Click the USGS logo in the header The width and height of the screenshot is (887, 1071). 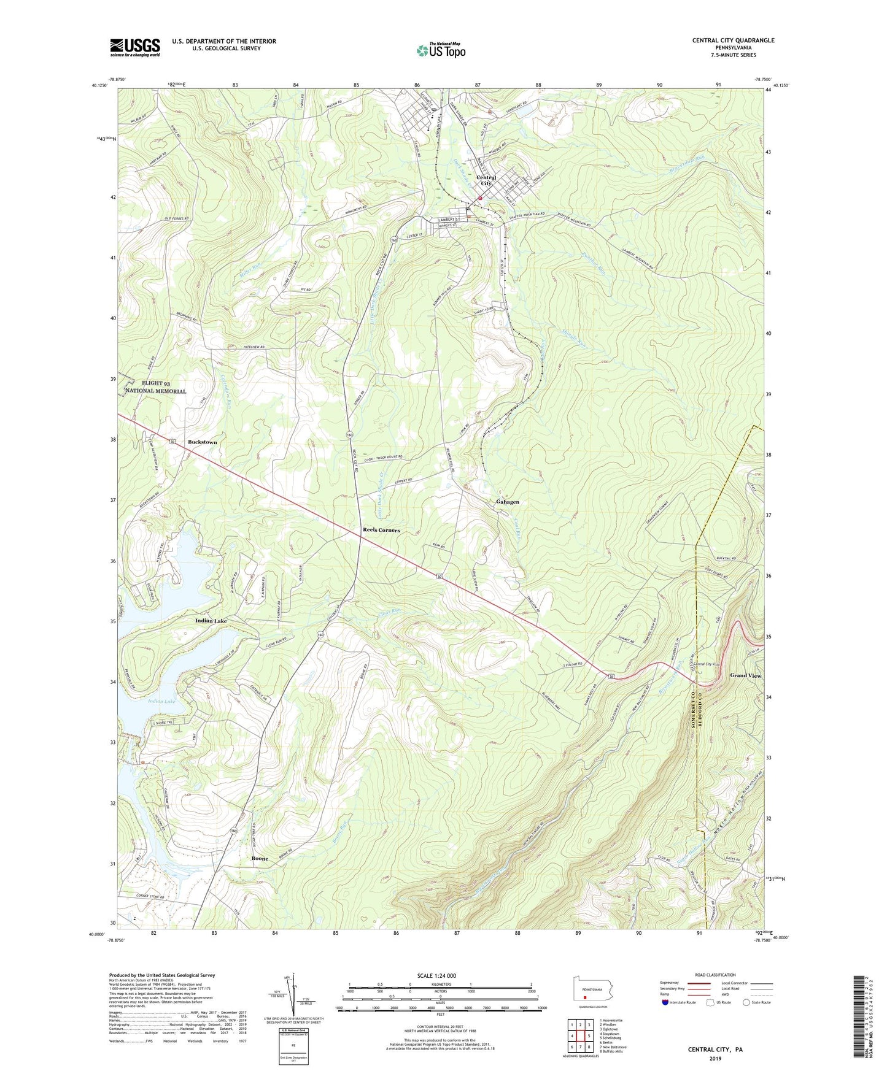point(134,47)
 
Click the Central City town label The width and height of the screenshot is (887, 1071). point(486,180)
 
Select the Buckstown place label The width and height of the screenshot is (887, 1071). point(202,442)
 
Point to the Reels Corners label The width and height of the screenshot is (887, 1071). point(381,530)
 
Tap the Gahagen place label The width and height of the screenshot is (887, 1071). point(508,502)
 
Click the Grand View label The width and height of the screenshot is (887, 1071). point(745,675)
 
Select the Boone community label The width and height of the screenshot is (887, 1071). point(260,859)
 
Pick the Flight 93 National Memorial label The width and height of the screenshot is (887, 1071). point(157,387)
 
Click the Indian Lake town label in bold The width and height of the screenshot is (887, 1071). point(211,621)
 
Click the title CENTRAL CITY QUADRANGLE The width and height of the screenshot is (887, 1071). point(733,40)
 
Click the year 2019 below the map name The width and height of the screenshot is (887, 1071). point(715,1058)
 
